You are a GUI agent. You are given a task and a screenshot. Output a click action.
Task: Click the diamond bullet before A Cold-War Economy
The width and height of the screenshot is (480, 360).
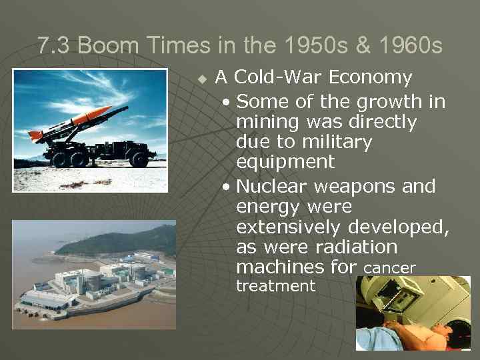pyautogui.click(x=203, y=79)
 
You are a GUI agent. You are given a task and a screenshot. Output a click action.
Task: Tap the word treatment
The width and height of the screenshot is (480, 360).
pyautogui.click(x=276, y=287)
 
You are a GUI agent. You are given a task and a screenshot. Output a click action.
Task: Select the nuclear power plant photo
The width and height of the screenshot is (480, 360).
pyautogui.click(x=94, y=275)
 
